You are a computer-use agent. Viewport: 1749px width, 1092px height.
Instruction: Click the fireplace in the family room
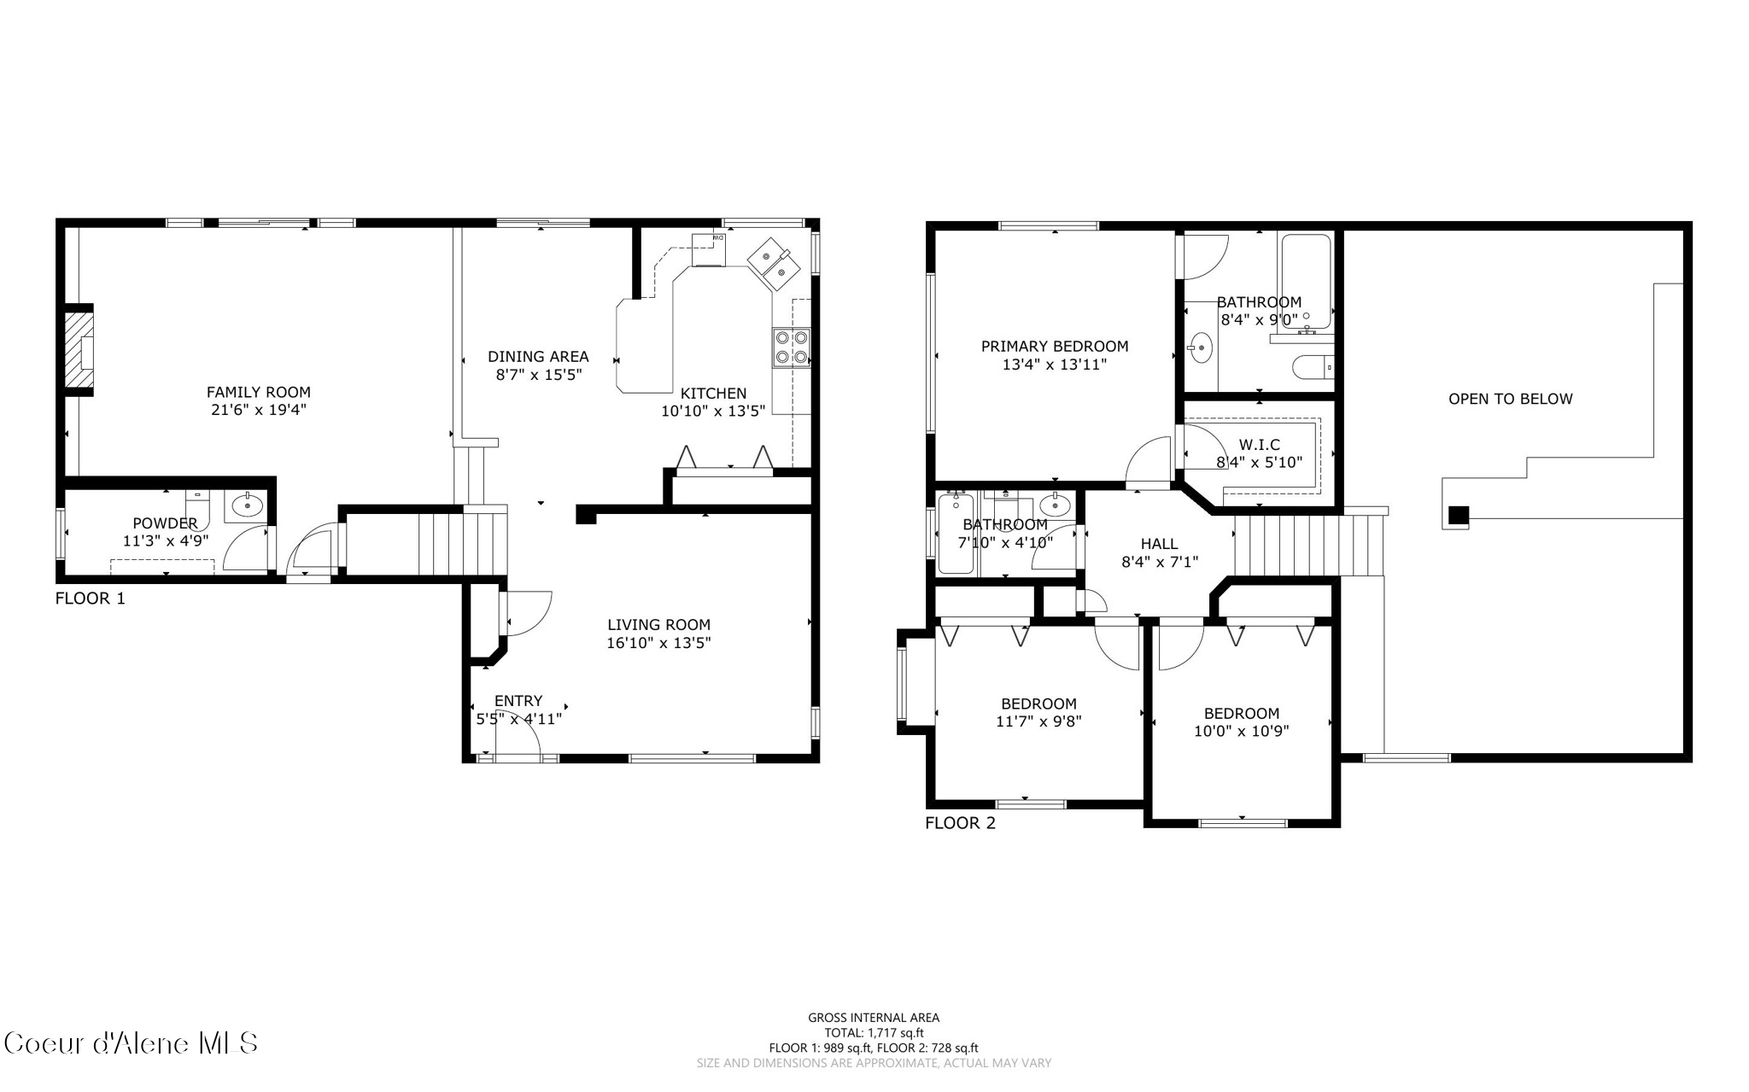(x=79, y=351)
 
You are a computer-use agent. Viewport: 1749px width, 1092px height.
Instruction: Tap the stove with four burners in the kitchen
(x=791, y=347)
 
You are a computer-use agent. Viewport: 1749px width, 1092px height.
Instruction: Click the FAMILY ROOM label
(x=259, y=392)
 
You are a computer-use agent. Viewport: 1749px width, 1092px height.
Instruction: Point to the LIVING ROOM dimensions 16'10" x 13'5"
(x=658, y=643)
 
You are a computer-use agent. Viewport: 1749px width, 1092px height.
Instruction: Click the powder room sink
(x=248, y=505)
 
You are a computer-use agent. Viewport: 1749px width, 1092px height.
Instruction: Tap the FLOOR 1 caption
(x=90, y=599)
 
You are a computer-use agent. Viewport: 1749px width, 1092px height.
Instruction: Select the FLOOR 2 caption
(x=960, y=823)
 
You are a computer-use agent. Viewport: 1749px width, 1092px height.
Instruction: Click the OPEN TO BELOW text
(x=1510, y=399)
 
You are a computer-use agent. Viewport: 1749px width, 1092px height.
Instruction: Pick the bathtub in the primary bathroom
(x=1305, y=280)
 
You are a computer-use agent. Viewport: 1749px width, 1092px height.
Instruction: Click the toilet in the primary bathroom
(x=1311, y=368)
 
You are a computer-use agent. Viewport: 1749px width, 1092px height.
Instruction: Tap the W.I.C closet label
(x=1259, y=445)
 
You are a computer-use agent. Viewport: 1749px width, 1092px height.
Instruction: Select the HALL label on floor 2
(x=1159, y=544)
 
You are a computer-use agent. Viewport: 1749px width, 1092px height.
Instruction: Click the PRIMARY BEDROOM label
(x=1054, y=346)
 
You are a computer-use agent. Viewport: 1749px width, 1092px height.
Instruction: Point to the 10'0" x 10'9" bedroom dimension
(x=1241, y=731)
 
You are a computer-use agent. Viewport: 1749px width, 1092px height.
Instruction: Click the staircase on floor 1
(x=444, y=543)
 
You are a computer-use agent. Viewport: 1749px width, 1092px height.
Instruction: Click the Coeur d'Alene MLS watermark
(x=130, y=1043)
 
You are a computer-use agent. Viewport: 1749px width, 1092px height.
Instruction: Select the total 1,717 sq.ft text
(x=873, y=1032)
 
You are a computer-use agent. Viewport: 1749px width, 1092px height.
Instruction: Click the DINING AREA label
(x=538, y=357)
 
